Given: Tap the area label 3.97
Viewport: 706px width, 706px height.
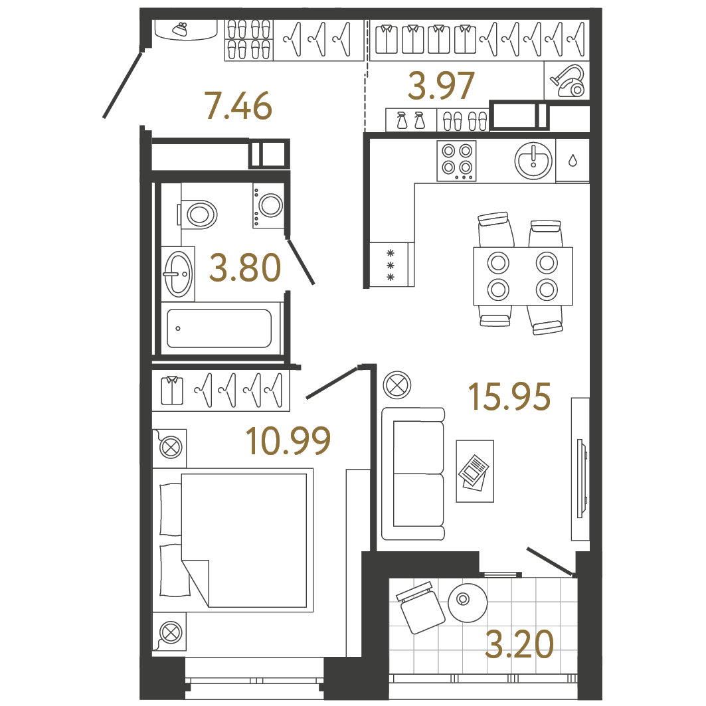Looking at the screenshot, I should click(x=442, y=85).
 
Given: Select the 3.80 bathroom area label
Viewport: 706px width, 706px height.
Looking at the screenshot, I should click(x=244, y=268).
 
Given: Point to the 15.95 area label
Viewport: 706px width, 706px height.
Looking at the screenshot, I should click(x=509, y=397).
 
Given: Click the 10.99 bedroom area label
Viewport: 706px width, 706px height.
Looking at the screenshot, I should click(x=288, y=441).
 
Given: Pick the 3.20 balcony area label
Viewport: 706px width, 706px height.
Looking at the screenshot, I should click(x=519, y=645).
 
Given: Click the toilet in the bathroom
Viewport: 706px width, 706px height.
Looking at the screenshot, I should click(x=199, y=214).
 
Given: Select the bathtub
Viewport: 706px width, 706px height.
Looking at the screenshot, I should click(x=219, y=328).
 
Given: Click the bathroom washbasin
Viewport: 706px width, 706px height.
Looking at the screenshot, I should click(x=178, y=273).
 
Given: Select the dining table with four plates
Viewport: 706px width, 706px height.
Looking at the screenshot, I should click(x=523, y=276).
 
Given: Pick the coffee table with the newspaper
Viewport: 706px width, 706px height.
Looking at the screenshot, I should click(x=475, y=471).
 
